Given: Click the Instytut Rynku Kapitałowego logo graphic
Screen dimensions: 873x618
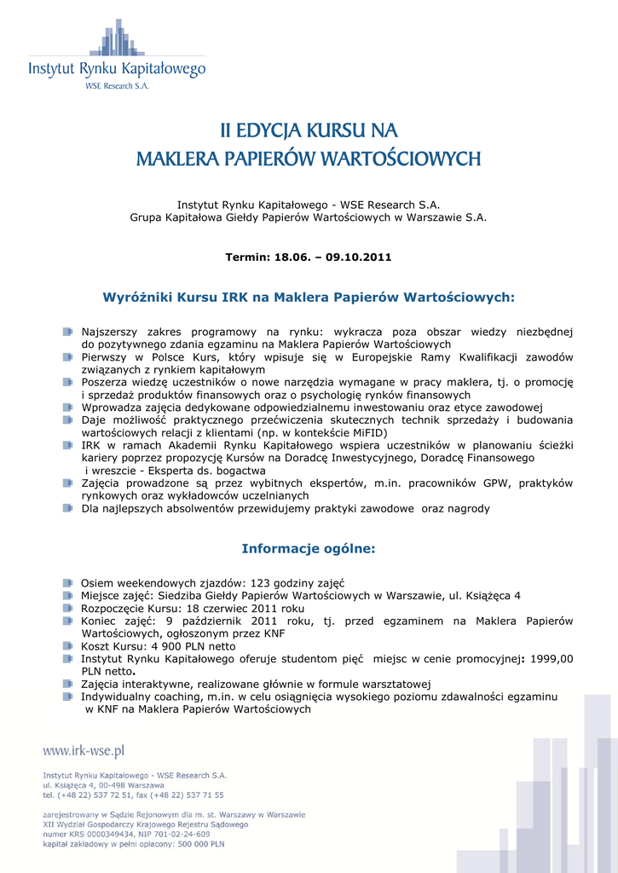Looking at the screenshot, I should point(118,39).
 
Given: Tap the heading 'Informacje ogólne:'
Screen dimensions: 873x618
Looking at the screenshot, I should point(309,548).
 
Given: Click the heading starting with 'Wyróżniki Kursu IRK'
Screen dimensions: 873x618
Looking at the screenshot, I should point(309,298).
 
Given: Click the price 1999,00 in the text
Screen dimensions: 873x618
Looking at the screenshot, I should point(551,658).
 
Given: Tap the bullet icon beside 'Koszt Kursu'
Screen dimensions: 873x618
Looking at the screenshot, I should point(67,646).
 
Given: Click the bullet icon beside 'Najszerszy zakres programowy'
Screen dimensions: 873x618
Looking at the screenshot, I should point(67,331).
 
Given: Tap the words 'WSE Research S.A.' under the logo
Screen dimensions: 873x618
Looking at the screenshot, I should point(117,86).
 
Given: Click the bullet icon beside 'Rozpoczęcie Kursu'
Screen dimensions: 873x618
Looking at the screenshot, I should point(67,609).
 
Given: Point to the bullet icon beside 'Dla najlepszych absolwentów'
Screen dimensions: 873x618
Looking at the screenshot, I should point(67,508).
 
